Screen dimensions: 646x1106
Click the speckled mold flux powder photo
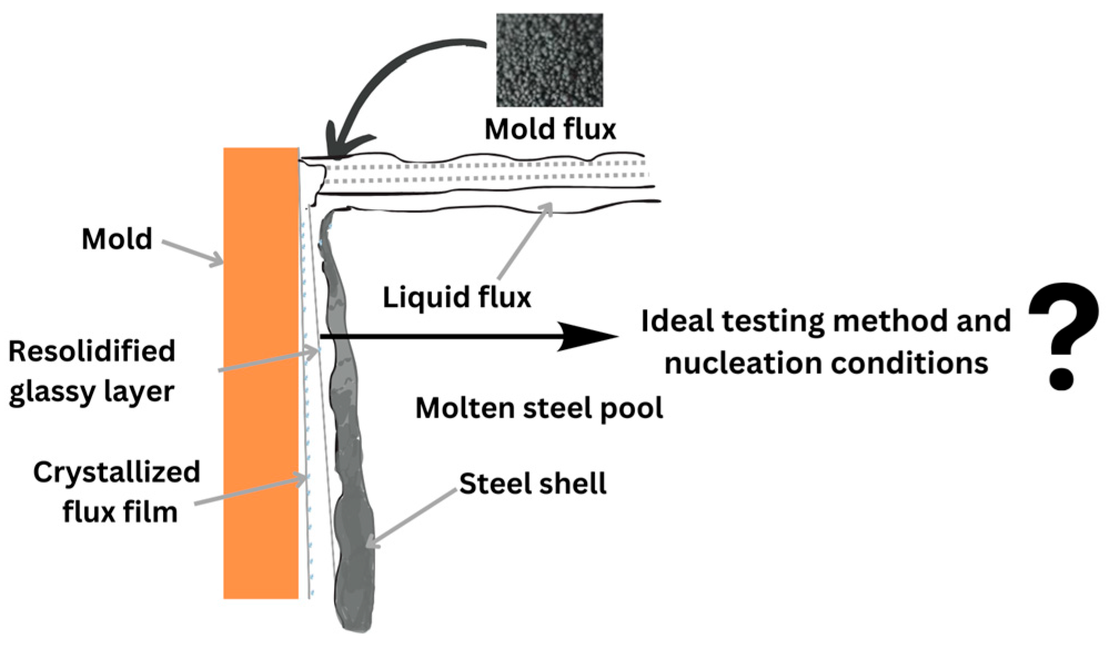click(x=549, y=60)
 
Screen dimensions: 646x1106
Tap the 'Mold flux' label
click(x=549, y=129)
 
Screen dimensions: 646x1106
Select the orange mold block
click(x=261, y=372)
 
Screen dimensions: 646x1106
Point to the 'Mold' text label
click(x=117, y=239)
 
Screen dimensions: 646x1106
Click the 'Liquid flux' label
click(x=456, y=297)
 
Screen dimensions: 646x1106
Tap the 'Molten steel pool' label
click(x=539, y=408)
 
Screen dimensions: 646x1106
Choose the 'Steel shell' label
click(x=532, y=483)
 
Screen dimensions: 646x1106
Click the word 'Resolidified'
click(x=92, y=351)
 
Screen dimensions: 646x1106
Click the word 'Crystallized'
click(x=117, y=472)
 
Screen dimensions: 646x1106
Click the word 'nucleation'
click(x=738, y=364)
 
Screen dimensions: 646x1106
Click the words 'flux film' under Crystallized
click(x=120, y=512)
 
